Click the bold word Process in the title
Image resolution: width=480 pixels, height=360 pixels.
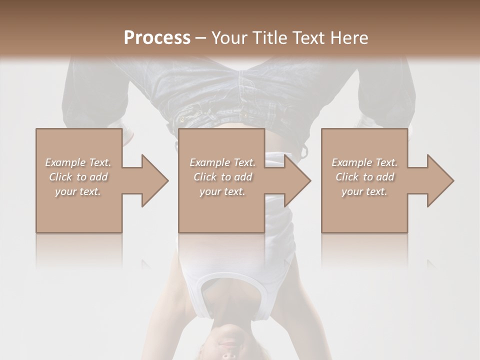point(157,38)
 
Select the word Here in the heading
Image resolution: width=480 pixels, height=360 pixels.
point(348,38)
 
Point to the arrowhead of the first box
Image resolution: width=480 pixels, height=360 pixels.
point(155,180)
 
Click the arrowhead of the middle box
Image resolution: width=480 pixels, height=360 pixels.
point(298,180)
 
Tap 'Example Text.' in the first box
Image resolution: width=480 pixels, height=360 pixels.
point(78,162)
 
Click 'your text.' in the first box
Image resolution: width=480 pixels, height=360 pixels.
point(78,191)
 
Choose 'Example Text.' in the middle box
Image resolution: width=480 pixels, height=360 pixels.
point(222,162)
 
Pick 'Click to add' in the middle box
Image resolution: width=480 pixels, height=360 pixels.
point(222,177)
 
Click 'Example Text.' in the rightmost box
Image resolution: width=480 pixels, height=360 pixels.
point(364,162)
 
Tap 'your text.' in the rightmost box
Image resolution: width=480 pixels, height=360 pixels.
point(364,191)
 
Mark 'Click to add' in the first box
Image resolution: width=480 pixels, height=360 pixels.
point(78,177)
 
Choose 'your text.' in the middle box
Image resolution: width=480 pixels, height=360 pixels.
point(222,191)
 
